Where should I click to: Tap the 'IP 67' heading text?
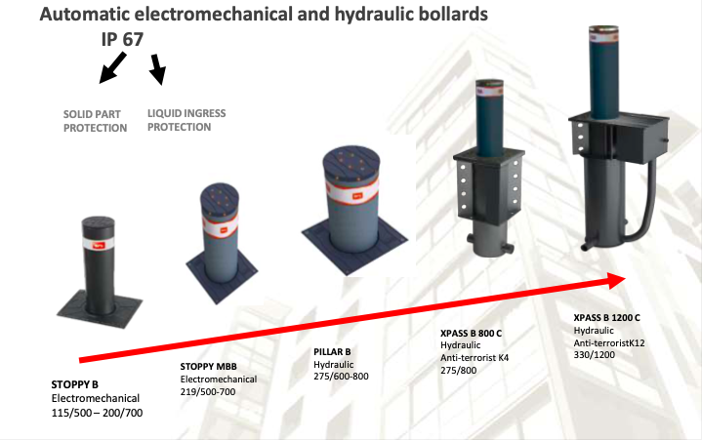coord(122,39)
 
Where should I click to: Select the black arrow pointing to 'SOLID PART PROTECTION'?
coord(112,67)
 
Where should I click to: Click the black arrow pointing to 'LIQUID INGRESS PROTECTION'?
coord(158,69)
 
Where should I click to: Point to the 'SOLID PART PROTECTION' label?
coord(95,121)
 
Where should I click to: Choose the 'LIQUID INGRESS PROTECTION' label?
coord(186,120)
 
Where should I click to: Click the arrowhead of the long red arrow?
coord(617,280)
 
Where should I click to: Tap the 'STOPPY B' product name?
coord(75,384)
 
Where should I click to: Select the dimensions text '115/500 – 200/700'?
coord(98,413)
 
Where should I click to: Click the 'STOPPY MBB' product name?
coord(208,367)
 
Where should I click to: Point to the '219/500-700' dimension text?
coord(208,392)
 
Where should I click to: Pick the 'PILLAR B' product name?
coord(332,352)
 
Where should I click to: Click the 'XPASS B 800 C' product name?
coord(471,333)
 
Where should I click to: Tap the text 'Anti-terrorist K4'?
coord(475,358)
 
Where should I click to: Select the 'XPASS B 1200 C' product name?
coord(606,317)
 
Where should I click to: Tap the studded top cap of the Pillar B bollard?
coord(351,163)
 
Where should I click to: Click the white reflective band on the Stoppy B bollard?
coord(98,244)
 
